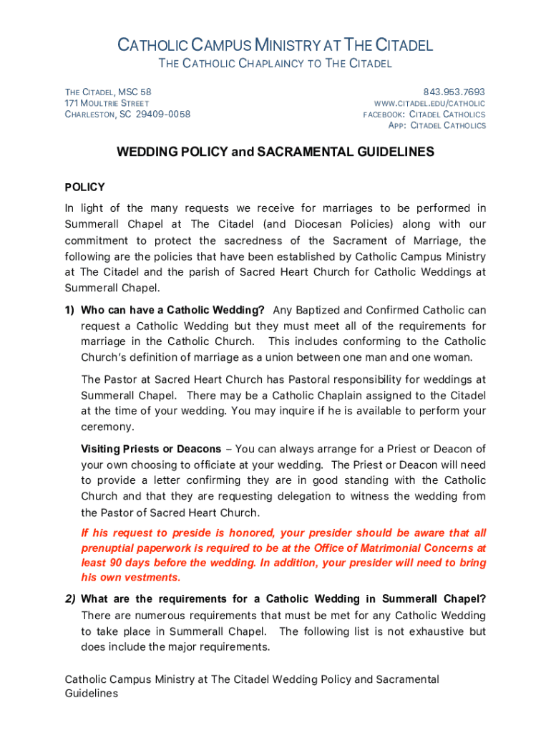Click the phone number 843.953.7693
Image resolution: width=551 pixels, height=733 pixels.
tap(454, 92)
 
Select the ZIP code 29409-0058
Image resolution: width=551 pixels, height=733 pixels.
tap(163, 115)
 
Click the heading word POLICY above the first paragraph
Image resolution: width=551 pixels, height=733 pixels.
tap(85, 187)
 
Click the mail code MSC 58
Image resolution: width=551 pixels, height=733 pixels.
tap(135, 92)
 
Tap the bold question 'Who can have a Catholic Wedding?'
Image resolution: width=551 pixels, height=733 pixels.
tap(172, 310)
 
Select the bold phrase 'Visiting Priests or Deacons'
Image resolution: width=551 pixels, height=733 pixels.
tap(151, 449)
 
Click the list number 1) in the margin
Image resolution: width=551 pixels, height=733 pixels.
tap(69, 310)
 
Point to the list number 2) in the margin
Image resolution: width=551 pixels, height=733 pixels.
tap(70, 598)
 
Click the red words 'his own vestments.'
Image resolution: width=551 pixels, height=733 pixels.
tap(131, 578)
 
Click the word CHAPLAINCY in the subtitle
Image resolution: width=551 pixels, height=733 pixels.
tap(253, 64)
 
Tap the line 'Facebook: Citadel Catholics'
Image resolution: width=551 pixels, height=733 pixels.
tap(424, 115)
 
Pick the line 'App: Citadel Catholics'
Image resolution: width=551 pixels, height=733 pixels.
tap(437, 125)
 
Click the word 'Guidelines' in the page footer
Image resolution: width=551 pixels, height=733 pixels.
tap(92, 693)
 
